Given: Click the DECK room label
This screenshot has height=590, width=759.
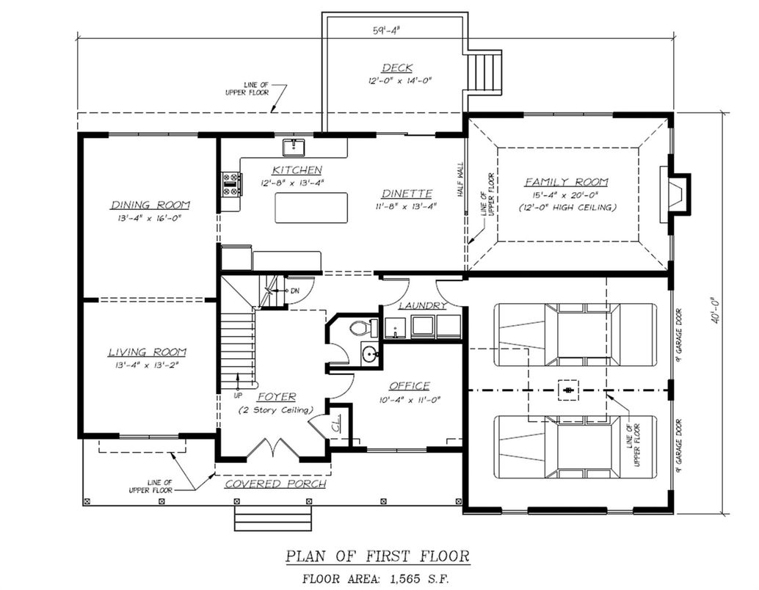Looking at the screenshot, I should pyautogui.click(x=397, y=68).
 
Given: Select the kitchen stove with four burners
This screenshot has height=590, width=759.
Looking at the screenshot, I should pyautogui.click(x=231, y=183).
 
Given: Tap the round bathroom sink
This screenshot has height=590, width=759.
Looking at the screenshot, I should pyautogui.click(x=369, y=354).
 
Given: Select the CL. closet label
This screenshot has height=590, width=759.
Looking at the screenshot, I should pyautogui.click(x=335, y=426).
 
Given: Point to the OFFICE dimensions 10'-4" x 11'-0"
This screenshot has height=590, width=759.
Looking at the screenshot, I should pyautogui.click(x=408, y=399).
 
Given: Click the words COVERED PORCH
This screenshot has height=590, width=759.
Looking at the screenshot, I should pyautogui.click(x=275, y=484).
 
